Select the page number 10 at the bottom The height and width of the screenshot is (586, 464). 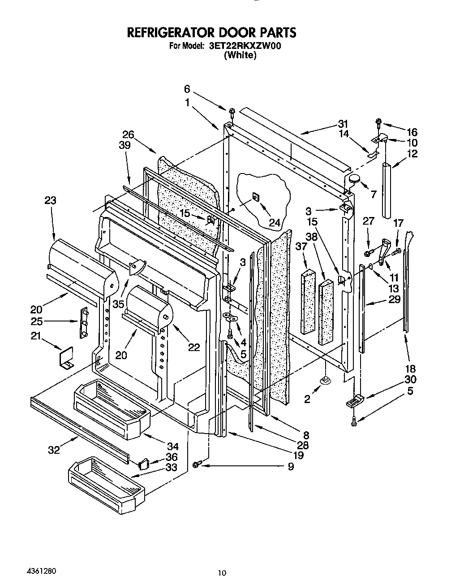(x=223, y=573)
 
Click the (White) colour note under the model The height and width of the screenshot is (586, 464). (x=240, y=55)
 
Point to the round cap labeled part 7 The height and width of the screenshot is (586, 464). (x=355, y=178)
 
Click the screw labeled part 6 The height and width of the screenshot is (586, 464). (x=232, y=111)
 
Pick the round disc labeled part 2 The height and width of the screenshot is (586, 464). (x=326, y=381)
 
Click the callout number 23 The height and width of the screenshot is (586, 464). (x=50, y=200)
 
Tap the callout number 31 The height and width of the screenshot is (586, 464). (x=343, y=124)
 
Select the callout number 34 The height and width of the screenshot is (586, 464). (x=172, y=446)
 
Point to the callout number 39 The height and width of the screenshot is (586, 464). (x=125, y=145)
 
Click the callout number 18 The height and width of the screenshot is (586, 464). (x=410, y=369)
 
